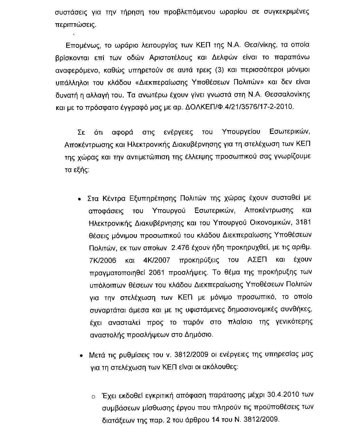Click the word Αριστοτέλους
[x=172, y=57]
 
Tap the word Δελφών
[x=222, y=57]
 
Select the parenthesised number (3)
[x=219, y=70]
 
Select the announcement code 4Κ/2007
[x=156, y=260]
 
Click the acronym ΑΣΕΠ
[x=257, y=260]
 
